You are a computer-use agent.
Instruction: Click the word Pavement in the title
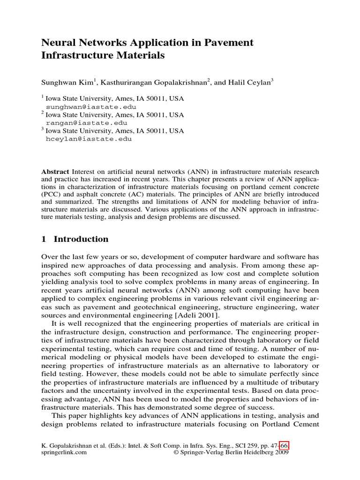click(x=230, y=43)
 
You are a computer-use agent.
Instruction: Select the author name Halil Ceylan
click(x=251, y=82)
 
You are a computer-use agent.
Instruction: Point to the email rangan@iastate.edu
click(x=77, y=123)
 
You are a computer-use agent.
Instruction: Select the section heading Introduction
click(x=81, y=239)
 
